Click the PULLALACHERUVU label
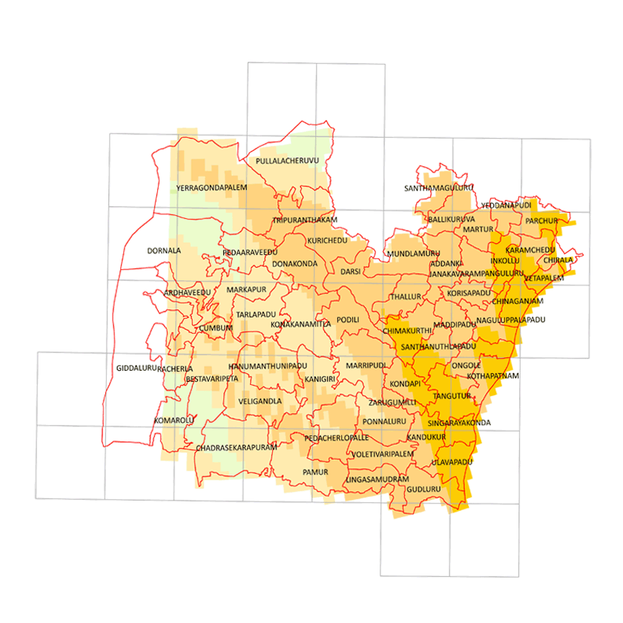(286, 161)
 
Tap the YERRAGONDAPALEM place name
(211, 188)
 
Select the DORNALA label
(164, 251)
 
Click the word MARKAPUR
(245, 289)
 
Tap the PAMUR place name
(315, 472)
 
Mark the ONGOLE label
(466, 366)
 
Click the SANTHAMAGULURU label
(438, 188)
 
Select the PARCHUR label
(541, 221)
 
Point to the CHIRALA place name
(558, 260)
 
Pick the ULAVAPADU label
(452, 462)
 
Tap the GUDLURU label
(424, 489)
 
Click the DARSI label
(350, 272)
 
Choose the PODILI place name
(348, 320)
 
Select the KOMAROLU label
(174, 421)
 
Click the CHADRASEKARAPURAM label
(236, 448)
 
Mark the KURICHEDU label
(327, 243)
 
